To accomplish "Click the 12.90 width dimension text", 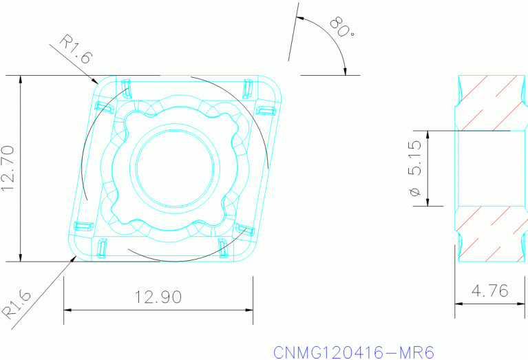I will click(x=158, y=297).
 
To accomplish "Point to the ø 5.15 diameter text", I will click(x=415, y=168).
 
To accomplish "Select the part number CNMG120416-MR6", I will click(x=354, y=352).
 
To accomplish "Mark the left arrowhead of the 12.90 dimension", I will click(x=67, y=310).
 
